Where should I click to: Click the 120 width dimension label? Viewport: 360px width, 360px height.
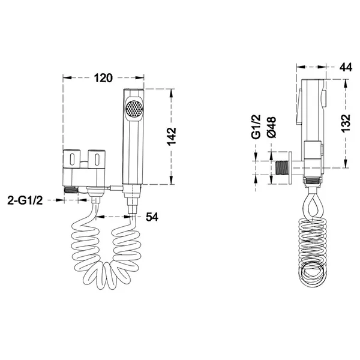(103, 78)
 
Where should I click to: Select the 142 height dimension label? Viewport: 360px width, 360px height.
(172, 136)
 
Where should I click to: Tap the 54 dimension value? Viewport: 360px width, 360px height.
(152, 217)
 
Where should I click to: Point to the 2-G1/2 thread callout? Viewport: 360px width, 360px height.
(25, 200)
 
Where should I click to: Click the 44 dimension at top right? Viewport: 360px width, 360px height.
(346, 67)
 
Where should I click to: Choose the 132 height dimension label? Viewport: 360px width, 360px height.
(346, 123)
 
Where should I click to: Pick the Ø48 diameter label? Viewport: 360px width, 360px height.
(272, 127)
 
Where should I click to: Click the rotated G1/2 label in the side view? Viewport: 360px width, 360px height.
(256, 127)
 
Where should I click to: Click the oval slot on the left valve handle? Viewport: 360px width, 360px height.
(72, 158)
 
